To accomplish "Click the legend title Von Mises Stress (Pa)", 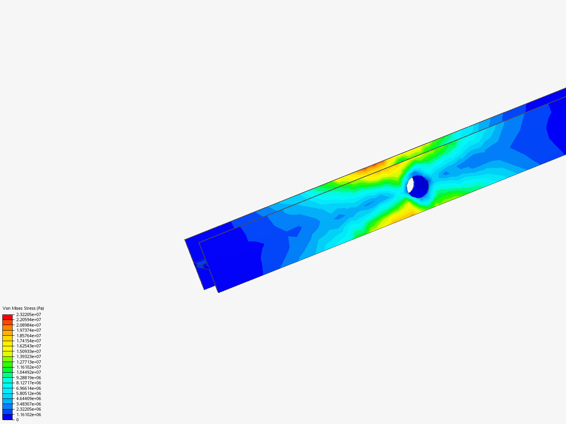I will pos(23,308).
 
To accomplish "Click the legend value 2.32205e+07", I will pos(28,314).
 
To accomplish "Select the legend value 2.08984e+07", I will pos(28,325).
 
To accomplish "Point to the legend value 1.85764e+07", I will pos(28,336).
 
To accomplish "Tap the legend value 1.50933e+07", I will pos(28,351).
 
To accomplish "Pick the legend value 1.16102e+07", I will pos(28,367).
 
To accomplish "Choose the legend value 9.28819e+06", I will pos(28,378).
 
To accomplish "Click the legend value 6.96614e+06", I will pos(28,388).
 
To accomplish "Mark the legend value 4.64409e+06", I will pos(28,398).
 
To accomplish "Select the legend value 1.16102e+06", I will pos(28,415).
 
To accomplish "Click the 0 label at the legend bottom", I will pos(17,420).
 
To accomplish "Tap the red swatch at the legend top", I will pos(7,317).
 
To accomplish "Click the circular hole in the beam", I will pos(417,186).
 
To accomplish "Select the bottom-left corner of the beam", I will pos(219,292).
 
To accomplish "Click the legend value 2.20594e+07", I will pos(28,320).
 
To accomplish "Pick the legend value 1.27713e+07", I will pos(28,362).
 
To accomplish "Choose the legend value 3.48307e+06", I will pos(28,404).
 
